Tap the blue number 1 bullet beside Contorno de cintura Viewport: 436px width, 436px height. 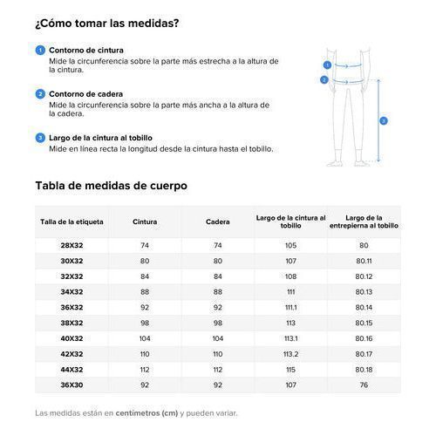39,50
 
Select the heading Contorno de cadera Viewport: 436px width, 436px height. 86,93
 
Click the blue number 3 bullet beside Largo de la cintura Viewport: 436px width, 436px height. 39,137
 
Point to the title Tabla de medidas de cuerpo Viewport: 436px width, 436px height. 111,186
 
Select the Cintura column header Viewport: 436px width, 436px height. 145,221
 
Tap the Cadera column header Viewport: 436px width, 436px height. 217,221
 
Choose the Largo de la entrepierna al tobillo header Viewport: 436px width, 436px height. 364,221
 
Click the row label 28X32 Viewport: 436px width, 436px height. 72,245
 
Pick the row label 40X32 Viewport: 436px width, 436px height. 72,338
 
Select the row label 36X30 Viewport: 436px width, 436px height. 72,385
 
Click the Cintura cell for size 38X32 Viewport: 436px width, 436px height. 145,323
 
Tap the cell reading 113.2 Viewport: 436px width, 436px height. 290,354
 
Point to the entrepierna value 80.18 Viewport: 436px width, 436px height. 364,369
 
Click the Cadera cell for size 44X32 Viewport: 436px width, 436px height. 217,369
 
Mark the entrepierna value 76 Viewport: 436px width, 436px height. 364,385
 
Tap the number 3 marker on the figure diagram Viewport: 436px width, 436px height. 384,120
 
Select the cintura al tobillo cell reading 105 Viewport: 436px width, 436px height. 290,245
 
